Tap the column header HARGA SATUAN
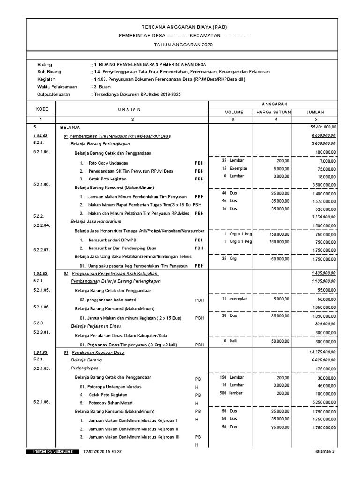pyautogui.click(x=274, y=112)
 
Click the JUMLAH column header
pyautogui.click(x=315, y=112)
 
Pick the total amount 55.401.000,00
pyautogui.click(x=323, y=127)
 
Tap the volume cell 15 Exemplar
pyautogui.click(x=235, y=168)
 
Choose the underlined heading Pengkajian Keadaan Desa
pyautogui.click(x=97, y=352)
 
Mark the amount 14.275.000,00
pyautogui.click(x=323, y=352)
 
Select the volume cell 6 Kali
pyautogui.click(x=230, y=341)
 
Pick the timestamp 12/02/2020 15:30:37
pyautogui.click(x=102, y=452)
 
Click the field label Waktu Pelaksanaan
pyautogui.click(x=59, y=87)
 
